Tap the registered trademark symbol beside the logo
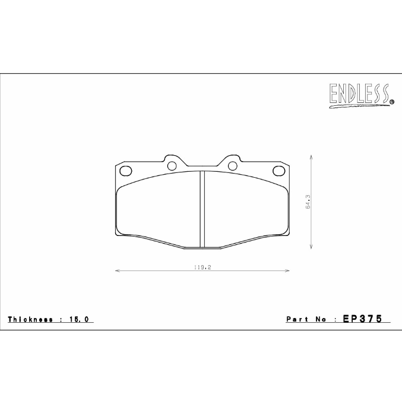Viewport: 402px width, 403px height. pyautogui.click(x=392, y=102)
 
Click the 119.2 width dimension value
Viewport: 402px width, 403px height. pyautogui.click(x=202, y=267)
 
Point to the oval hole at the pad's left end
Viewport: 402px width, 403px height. pyautogui.click(x=125, y=171)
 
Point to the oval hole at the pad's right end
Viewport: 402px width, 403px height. pyautogui.click(x=278, y=171)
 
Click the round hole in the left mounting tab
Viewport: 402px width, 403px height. pyautogui.click(x=172, y=165)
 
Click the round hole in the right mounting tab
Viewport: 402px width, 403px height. pyautogui.click(x=233, y=165)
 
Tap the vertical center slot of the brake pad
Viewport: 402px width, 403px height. pyautogui.click(x=202, y=209)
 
